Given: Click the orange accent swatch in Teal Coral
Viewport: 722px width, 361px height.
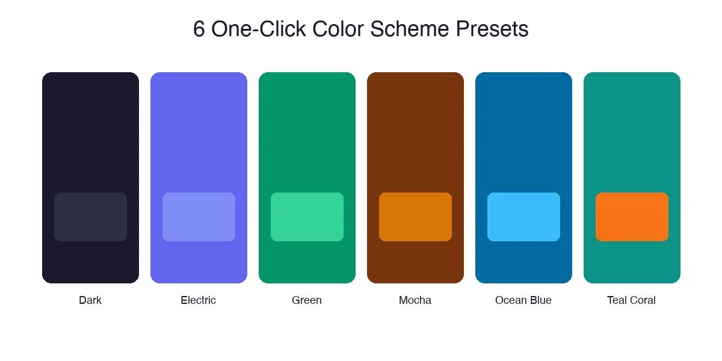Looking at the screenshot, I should point(632,217).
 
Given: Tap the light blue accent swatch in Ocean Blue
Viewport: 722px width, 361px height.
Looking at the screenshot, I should point(523,217).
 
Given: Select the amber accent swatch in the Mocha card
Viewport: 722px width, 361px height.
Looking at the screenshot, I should point(415,217).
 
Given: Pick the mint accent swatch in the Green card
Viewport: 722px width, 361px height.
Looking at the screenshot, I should point(307,217).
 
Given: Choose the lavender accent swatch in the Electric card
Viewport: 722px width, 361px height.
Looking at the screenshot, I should point(199,217).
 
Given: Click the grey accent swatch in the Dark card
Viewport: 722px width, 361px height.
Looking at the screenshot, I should point(90,217).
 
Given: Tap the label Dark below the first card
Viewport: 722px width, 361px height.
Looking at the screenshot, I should point(90,300).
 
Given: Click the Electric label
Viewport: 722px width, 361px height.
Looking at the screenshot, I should point(199,300).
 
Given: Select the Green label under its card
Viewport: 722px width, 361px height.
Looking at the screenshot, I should point(307,300).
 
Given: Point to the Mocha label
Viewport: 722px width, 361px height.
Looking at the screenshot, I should point(415,300).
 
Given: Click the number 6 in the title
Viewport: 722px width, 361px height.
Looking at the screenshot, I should point(199,29).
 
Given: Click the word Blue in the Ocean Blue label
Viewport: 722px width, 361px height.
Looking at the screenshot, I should point(540,300).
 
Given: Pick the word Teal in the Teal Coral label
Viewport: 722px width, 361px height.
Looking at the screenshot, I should point(617,300).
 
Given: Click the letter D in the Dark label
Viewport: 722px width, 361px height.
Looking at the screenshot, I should point(82,300).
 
